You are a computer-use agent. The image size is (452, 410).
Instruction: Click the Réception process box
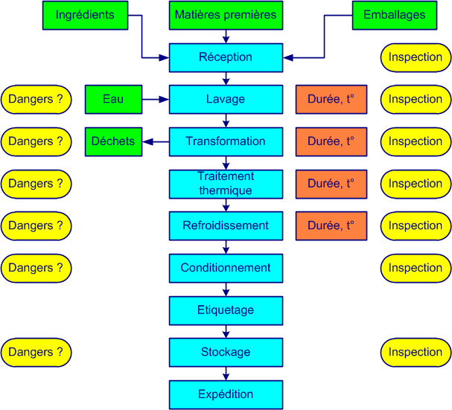226,57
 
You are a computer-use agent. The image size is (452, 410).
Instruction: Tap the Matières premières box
226,15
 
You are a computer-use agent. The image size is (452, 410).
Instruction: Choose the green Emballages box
394,15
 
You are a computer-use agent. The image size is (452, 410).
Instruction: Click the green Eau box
113,99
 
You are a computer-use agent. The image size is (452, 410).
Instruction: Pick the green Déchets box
113,141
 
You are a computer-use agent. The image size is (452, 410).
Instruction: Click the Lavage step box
226,99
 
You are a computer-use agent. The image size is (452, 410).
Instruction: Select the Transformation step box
226,141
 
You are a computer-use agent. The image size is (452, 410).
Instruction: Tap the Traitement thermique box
226,184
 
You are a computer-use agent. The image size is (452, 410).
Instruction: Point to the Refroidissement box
226,225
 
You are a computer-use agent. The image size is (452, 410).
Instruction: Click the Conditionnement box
226,268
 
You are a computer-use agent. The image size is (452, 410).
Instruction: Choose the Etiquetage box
226,310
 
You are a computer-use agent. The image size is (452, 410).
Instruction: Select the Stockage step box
226,352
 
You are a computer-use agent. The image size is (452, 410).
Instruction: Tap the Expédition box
226,394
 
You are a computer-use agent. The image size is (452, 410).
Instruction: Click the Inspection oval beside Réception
416,57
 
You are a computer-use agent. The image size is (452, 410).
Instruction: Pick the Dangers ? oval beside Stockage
36,352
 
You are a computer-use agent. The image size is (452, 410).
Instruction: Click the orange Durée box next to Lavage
331,99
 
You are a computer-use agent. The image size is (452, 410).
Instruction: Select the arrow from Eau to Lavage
156,99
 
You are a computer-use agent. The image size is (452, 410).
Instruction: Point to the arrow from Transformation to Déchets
156,141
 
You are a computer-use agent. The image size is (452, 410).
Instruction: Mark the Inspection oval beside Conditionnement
416,268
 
